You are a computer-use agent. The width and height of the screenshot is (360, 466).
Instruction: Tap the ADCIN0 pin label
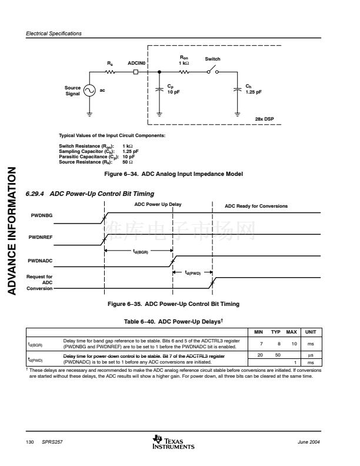(136, 62)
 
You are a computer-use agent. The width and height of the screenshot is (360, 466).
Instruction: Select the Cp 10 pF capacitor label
(175, 89)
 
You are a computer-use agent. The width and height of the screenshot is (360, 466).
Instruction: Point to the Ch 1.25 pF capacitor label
(254, 89)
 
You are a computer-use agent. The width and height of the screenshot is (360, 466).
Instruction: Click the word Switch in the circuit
(212, 59)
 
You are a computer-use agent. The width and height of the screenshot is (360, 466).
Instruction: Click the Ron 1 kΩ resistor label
(184, 61)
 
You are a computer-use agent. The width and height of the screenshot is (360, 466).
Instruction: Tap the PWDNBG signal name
(41, 216)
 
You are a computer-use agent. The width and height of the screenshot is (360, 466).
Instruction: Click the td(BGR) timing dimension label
(140, 252)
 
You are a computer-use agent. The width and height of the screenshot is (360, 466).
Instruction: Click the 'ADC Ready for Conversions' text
(256, 206)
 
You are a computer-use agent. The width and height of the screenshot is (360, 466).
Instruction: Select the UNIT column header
(310, 332)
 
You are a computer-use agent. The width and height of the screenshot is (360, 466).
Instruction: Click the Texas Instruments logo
(173, 442)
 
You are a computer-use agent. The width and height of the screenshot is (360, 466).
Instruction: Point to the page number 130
(29, 442)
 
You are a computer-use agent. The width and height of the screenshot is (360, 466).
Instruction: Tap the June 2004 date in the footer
(309, 442)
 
